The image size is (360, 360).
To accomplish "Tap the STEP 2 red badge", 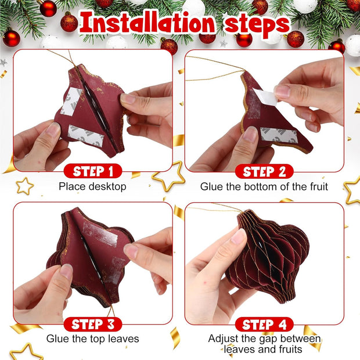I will [264, 171].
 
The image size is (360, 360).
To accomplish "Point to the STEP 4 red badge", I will [264, 324].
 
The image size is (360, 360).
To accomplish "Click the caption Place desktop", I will [92, 187].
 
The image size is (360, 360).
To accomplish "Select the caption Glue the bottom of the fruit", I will [264, 187].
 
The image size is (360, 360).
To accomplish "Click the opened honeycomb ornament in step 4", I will [267, 255].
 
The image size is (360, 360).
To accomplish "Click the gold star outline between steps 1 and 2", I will [168, 176].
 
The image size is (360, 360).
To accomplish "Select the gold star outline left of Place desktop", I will [25, 186].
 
